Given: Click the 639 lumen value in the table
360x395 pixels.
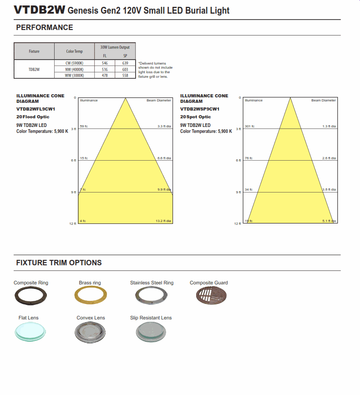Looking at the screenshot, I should pyautogui.click(x=125, y=62).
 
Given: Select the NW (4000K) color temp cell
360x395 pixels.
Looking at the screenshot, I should pyautogui.click(x=74, y=69).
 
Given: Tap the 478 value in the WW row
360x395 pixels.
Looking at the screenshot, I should pyautogui.click(x=105, y=76).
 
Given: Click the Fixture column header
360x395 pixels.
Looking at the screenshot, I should pyautogui.click(x=34, y=51).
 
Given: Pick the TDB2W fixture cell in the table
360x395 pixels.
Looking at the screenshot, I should pyautogui.click(x=34, y=69).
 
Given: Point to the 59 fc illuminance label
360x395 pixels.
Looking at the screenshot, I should pyautogui.click(x=84, y=126).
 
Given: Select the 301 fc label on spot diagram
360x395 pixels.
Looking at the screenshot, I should pyautogui.click(x=249, y=126).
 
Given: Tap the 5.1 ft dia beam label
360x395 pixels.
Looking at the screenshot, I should pyautogui.click(x=329, y=221).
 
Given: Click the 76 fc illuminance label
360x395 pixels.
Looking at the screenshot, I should pyautogui.click(x=248, y=158).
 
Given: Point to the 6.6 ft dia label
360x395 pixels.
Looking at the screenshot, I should pyautogui.click(x=164, y=158).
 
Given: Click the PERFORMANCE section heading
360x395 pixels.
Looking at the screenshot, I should pyautogui.click(x=45, y=28).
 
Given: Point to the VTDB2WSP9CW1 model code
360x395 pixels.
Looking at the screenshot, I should pyautogui.click(x=199, y=109).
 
